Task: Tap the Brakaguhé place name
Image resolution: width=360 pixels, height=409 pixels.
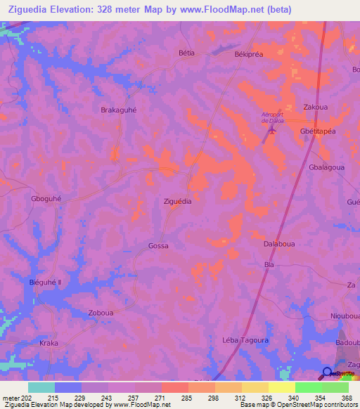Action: tap(120, 110)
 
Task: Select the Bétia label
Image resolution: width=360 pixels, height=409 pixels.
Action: tap(186, 53)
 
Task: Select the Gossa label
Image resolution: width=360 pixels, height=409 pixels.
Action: tap(158, 246)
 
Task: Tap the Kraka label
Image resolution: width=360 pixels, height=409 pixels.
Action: tap(49, 343)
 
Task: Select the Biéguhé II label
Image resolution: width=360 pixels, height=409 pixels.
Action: tap(46, 282)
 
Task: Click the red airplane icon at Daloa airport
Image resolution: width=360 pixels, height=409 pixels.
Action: tap(274, 130)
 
